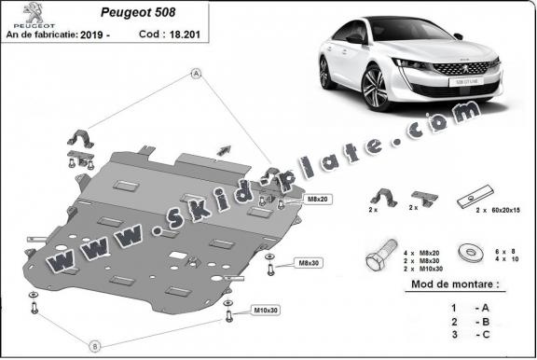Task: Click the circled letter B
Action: click(94, 340)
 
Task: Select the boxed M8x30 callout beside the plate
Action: click(307, 264)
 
